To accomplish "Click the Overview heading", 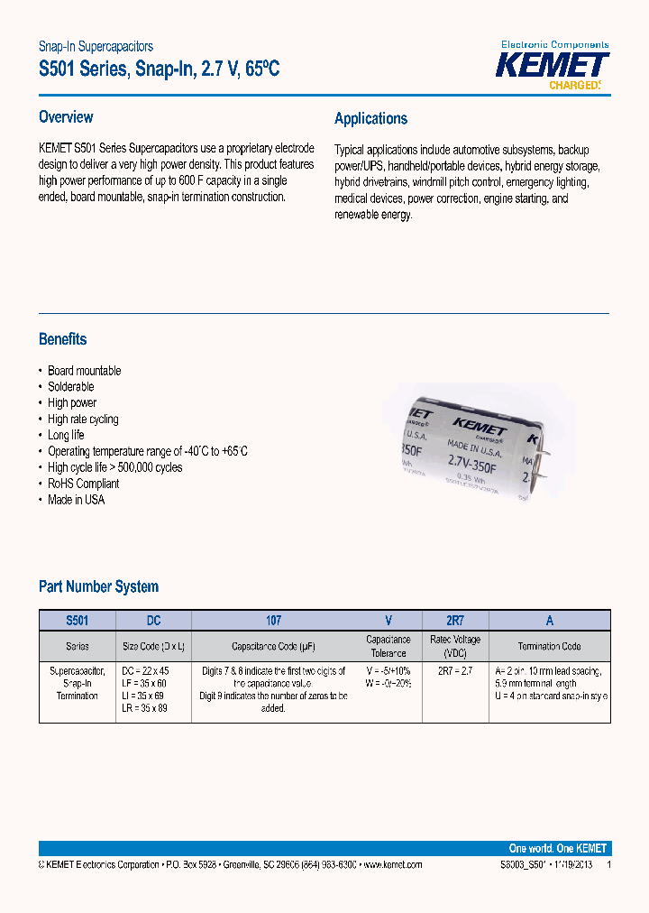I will [x=66, y=117].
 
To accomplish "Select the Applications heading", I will [x=370, y=119].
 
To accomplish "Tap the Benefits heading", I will [x=63, y=339].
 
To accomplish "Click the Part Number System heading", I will [x=98, y=586].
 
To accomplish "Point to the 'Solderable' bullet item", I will [x=70, y=387].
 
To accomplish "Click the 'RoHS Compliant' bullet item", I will [x=83, y=484].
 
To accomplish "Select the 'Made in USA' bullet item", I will [x=76, y=500].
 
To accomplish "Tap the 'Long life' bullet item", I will [x=66, y=436].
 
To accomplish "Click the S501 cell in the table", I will [x=78, y=621].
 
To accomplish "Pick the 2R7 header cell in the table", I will [x=455, y=621].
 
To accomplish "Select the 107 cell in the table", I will [x=273, y=621].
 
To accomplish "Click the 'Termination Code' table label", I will [x=549, y=647].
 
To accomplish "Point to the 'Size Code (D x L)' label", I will [x=153, y=647].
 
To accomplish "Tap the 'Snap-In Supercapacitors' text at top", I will [x=96, y=46].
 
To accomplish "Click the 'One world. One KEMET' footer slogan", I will [x=558, y=848].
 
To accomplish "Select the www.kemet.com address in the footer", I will [x=392, y=864].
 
